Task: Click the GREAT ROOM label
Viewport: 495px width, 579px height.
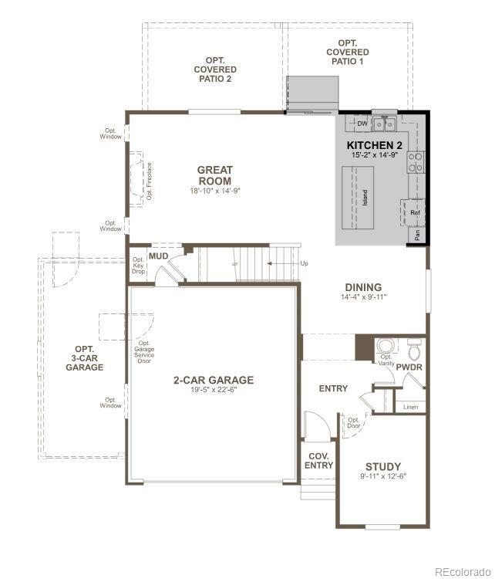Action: coord(214,176)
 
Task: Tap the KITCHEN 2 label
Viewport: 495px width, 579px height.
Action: coord(375,145)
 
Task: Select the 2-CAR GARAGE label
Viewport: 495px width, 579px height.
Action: coord(214,380)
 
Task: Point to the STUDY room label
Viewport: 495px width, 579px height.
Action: coord(383,466)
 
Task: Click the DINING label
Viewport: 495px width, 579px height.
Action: coord(363,287)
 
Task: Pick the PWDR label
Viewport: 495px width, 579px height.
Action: coord(409,367)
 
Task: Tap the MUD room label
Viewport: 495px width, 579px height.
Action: coord(159,256)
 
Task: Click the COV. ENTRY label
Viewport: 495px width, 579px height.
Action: coord(318,461)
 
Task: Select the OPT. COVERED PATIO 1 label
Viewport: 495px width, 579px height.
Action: coord(347,52)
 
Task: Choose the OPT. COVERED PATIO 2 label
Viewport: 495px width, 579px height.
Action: coord(214,69)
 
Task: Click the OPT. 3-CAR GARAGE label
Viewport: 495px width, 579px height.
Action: coord(84,358)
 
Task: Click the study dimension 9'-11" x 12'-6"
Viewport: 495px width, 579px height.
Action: coord(383,476)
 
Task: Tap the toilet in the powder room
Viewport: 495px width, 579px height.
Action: coord(413,351)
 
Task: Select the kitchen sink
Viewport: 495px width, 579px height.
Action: coord(384,124)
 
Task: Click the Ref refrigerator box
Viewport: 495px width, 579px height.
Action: coord(415,212)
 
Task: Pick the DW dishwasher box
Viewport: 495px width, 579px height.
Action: coord(362,124)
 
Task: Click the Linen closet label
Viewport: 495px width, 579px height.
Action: coord(410,407)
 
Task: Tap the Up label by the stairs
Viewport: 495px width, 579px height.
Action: coord(304,264)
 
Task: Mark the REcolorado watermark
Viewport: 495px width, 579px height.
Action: coord(460,571)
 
